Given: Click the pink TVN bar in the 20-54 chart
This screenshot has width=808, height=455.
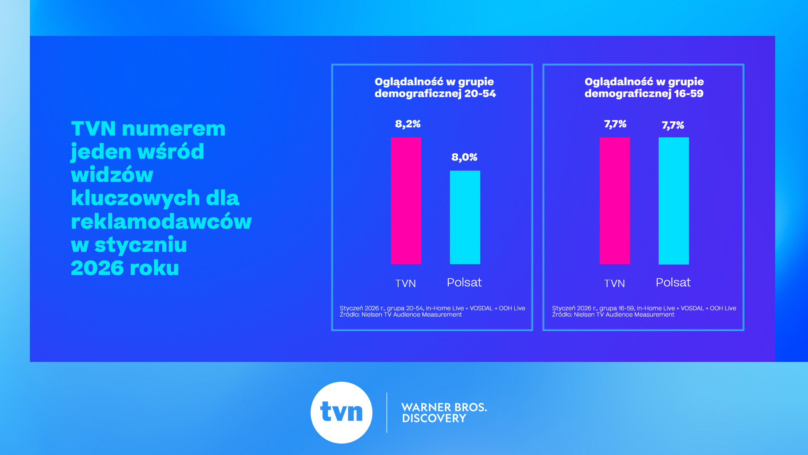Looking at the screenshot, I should [406, 201].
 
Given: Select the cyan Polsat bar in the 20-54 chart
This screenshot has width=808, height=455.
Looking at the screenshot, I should [465, 217].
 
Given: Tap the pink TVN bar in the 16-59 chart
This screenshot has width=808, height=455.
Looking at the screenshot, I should [614, 201].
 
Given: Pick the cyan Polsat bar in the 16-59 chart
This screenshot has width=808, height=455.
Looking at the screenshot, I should [673, 201].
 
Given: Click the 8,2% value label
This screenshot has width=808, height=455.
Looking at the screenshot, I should [407, 124].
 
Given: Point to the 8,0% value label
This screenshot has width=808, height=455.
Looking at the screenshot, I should [464, 157].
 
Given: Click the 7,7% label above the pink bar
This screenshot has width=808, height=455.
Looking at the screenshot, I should [615, 124].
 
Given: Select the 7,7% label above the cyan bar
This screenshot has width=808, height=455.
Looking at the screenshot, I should [672, 125].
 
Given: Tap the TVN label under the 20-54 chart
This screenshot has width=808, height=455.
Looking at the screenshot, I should [405, 284].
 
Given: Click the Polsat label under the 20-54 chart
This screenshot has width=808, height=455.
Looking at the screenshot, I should [464, 282].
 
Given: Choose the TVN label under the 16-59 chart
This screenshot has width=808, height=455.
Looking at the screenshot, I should [614, 284].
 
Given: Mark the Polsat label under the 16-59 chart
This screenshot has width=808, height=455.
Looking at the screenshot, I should [673, 282].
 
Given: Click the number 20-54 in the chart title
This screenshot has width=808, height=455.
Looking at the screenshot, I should [480, 94].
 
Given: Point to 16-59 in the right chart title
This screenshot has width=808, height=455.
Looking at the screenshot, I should [688, 94].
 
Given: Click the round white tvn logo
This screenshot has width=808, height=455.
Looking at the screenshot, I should [341, 412].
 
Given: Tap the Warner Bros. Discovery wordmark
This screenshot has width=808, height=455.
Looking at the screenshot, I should [444, 412].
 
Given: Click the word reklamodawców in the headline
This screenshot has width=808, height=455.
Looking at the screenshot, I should [161, 222].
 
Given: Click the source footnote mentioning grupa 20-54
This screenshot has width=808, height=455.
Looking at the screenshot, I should [432, 311].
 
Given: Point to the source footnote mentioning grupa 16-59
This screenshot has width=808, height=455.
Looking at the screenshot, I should [644, 311].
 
